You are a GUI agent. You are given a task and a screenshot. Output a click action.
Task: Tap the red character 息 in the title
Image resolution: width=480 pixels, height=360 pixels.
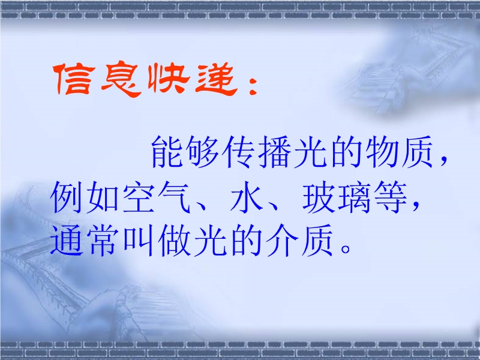point(121,80)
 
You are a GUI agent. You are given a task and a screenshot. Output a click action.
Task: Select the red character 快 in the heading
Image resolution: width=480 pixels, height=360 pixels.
point(169,79)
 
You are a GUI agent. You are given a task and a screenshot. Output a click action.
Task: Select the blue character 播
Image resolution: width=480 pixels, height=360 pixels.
point(275,152)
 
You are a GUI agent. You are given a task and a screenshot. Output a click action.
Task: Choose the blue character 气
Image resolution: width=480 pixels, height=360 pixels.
point(174,197)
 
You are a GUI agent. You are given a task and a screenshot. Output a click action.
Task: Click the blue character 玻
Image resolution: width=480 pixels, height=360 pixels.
point(319,197)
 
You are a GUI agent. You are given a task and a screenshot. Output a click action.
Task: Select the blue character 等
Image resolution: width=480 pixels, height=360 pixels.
point(391,197)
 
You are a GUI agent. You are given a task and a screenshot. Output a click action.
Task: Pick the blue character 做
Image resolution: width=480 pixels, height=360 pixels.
point(174,240)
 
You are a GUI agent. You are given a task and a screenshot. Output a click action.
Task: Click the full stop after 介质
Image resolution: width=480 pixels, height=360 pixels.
point(346,248)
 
